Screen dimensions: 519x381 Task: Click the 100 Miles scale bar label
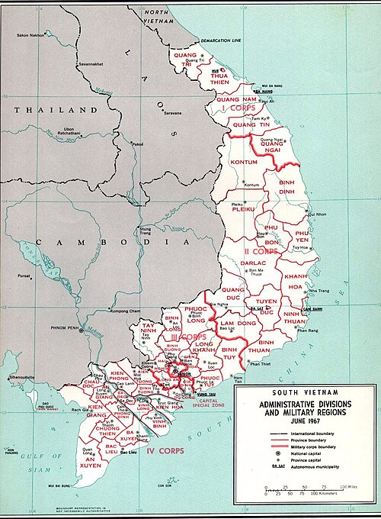(x=350, y=486)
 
